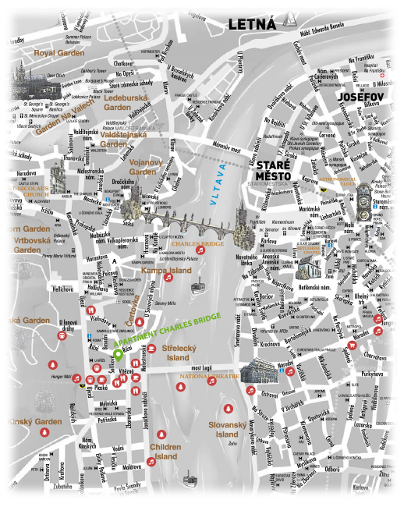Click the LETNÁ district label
251,25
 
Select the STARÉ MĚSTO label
274,172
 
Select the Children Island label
165,452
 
